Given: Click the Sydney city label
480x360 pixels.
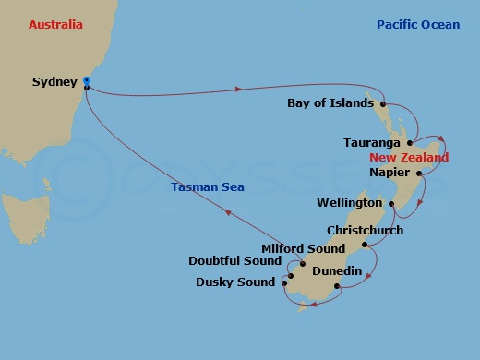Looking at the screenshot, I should point(54,82).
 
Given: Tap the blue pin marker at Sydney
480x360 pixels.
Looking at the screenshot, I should point(86,81).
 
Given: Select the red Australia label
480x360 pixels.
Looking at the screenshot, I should point(56,25).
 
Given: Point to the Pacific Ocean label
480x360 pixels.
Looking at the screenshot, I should point(418,25).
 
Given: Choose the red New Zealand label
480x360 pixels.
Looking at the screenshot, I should point(409,158).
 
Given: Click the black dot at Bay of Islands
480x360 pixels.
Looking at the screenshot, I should point(381,104).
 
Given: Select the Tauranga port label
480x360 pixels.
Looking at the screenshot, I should point(371,143).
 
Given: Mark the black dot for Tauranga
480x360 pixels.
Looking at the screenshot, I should point(408,144).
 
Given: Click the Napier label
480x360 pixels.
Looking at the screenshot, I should point(389,172).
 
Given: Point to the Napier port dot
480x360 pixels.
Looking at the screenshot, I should point(419,173).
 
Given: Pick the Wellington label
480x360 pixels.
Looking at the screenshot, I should point(349,202).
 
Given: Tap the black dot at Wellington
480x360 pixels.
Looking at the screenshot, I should point(391,203).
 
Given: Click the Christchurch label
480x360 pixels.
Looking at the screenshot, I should point(365,231).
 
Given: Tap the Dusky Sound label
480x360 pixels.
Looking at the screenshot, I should point(235,282).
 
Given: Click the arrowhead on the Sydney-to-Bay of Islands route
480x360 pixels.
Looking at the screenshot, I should point(239,89).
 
